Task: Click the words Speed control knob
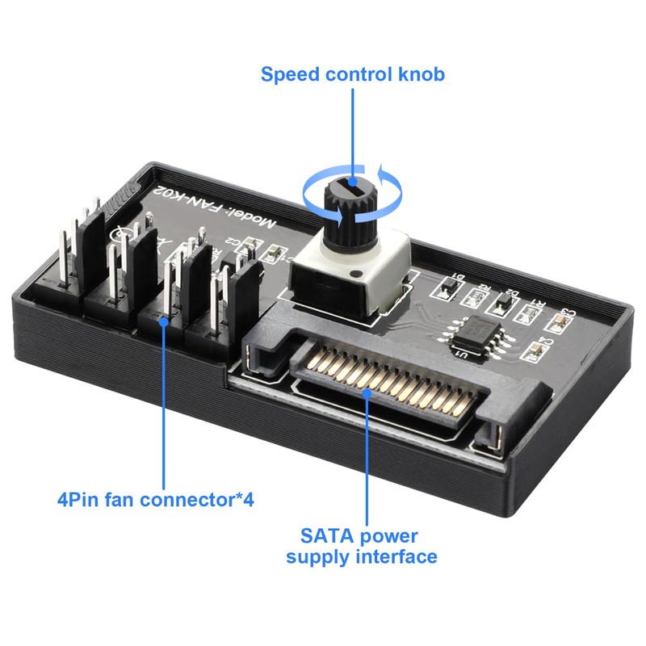[x=352, y=75]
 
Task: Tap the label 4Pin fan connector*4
[x=156, y=499]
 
